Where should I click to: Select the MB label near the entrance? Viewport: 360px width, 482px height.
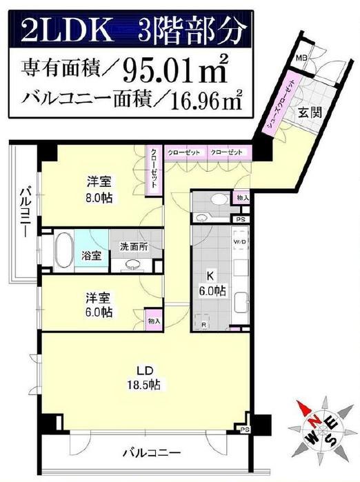click(301, 59)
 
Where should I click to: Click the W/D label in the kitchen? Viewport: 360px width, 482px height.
click(238, 242)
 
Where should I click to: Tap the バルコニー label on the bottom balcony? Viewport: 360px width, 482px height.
click(152, 453)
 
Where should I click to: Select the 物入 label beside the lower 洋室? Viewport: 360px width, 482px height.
click(154, 321)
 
